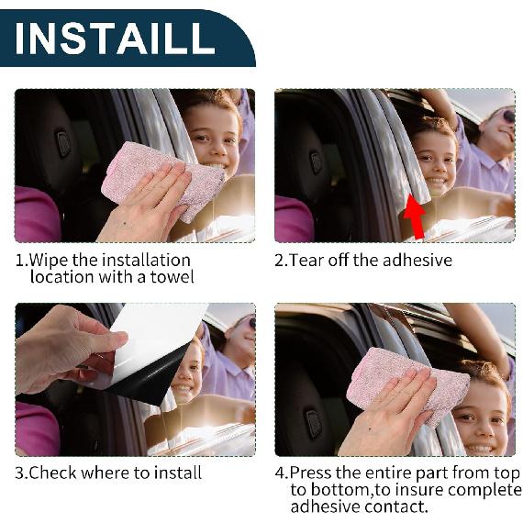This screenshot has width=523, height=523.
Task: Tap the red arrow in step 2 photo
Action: (x=416, y=217)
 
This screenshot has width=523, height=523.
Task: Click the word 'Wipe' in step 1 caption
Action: (x=50, y=261)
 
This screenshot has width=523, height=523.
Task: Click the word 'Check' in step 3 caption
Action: (x=54, y=473)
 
